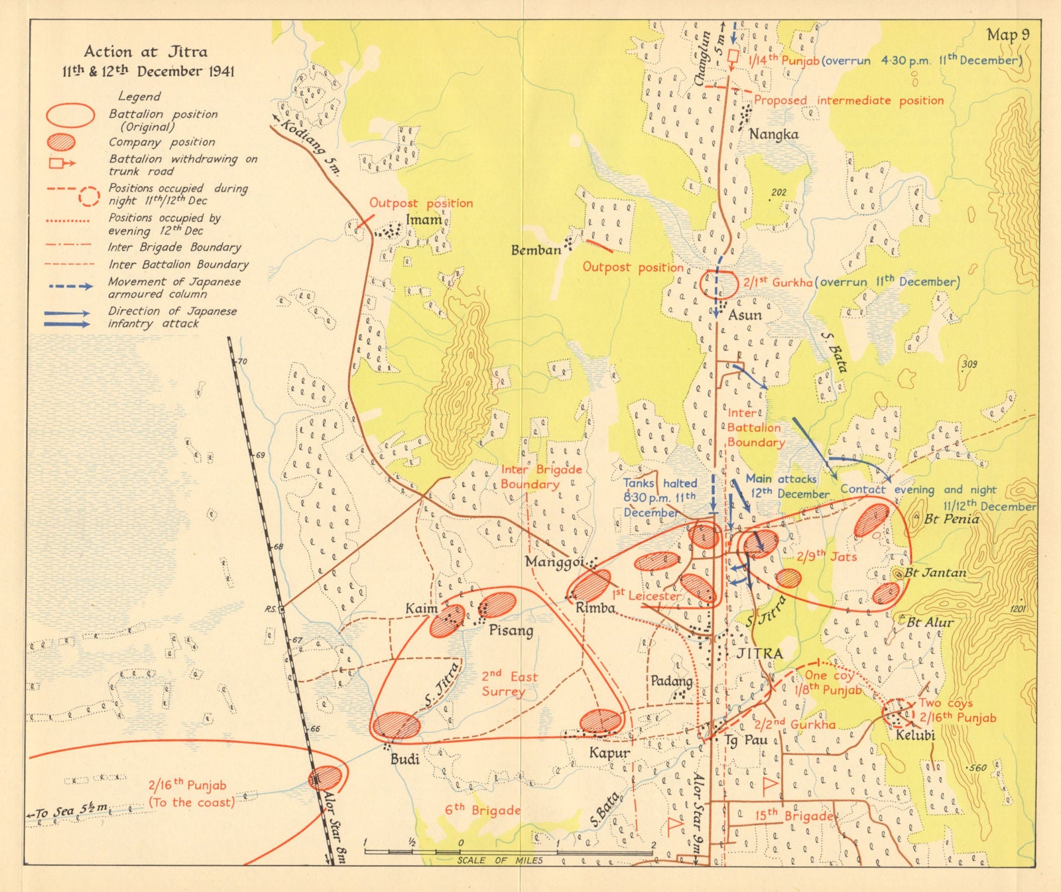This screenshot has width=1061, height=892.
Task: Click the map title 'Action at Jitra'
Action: point(145,52)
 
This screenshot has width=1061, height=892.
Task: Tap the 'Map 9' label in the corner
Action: point(1007,34)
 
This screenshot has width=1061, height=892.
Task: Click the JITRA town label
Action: point(760,653)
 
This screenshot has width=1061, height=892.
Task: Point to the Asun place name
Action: point(745,315)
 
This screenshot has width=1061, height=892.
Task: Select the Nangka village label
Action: point(773,135)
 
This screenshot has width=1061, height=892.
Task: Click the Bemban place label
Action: point(535,250)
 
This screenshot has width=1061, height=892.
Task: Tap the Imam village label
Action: point(423,220)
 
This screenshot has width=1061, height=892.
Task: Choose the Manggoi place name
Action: point(554,562)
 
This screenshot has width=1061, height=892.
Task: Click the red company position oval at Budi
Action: point(396,726)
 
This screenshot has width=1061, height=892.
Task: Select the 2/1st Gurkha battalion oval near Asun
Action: point(719,283)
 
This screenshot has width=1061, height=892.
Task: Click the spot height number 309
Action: point(969,363)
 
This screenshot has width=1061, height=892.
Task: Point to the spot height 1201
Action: point(1017,609)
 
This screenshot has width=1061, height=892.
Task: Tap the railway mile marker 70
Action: point(243,362)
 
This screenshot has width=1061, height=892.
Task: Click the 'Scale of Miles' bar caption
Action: point(499,860)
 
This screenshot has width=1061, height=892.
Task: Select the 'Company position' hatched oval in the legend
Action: point(61,142)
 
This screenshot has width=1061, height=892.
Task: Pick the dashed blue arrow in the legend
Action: point(70,287)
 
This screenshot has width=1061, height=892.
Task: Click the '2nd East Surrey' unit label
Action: point(509,684)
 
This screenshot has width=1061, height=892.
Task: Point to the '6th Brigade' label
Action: point(482,810)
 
